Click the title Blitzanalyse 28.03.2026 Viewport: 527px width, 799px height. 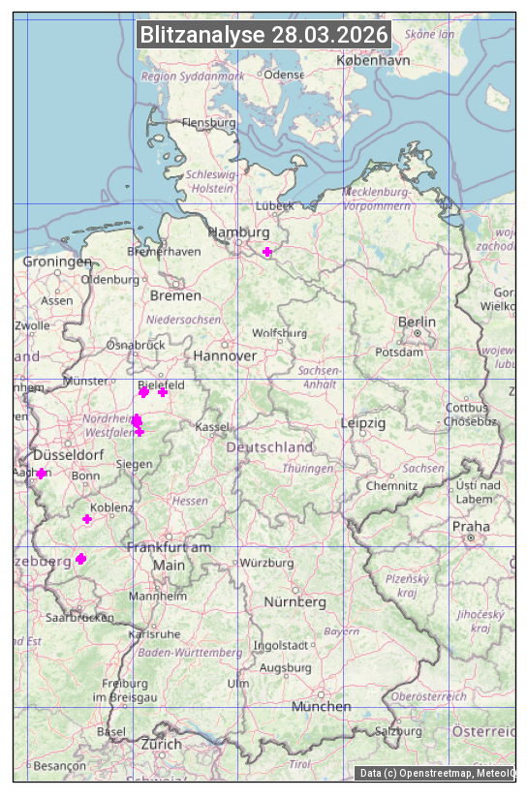click(x=263, y=35)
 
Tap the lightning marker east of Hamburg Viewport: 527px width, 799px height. click(x=267, y=252)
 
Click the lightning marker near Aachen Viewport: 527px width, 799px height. click(x=42, y=474)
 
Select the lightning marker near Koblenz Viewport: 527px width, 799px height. click(x=87, y=519)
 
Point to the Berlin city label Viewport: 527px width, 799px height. click(x=417, y=322)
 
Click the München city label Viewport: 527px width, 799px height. click(x=322, y=706)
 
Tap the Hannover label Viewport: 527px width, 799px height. click(x=225, y=355)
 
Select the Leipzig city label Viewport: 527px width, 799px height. click(x=363, y=423)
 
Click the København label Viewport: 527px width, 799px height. click(x=373, y=60)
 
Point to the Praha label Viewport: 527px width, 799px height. click(x=470, y=527)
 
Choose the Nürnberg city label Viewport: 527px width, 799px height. click(x=295, y=601)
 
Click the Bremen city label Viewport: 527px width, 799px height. click(x=175, y=295)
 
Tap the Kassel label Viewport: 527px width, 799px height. click(x=211, y=426)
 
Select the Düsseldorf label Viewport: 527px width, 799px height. click(x=68, y=455)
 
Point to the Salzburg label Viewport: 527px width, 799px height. click(x=399, y=731)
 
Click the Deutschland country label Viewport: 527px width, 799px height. click(x=269, y=447)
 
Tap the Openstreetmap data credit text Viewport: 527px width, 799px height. click(x=436, y=773)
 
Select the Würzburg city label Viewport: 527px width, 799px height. click(x=266, y=563)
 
